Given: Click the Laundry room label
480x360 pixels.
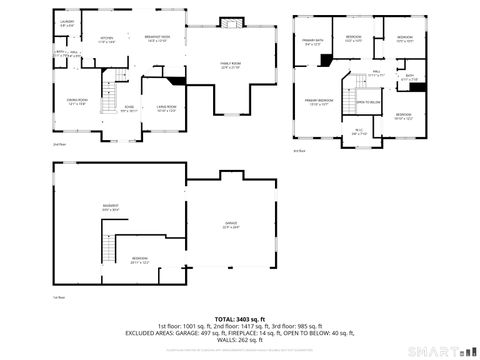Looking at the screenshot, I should [x=66, y=23].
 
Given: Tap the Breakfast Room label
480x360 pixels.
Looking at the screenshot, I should [x=157, y=38].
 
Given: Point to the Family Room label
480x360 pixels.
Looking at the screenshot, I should [x=231, y=66].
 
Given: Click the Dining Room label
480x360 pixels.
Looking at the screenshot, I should [x=75, y=102].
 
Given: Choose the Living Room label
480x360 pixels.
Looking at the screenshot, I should [x=166, y=108].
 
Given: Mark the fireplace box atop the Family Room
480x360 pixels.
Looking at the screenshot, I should [x=231, y=23].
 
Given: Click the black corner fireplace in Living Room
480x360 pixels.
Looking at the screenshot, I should [x=177, y=81].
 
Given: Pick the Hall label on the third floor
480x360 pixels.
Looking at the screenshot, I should [x=377, y=72].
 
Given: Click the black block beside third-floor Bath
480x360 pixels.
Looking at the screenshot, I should [x=418, y=86].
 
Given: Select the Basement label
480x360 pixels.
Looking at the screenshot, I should [x=110, y=208].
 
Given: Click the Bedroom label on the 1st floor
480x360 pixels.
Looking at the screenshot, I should [x=139, y=261].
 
